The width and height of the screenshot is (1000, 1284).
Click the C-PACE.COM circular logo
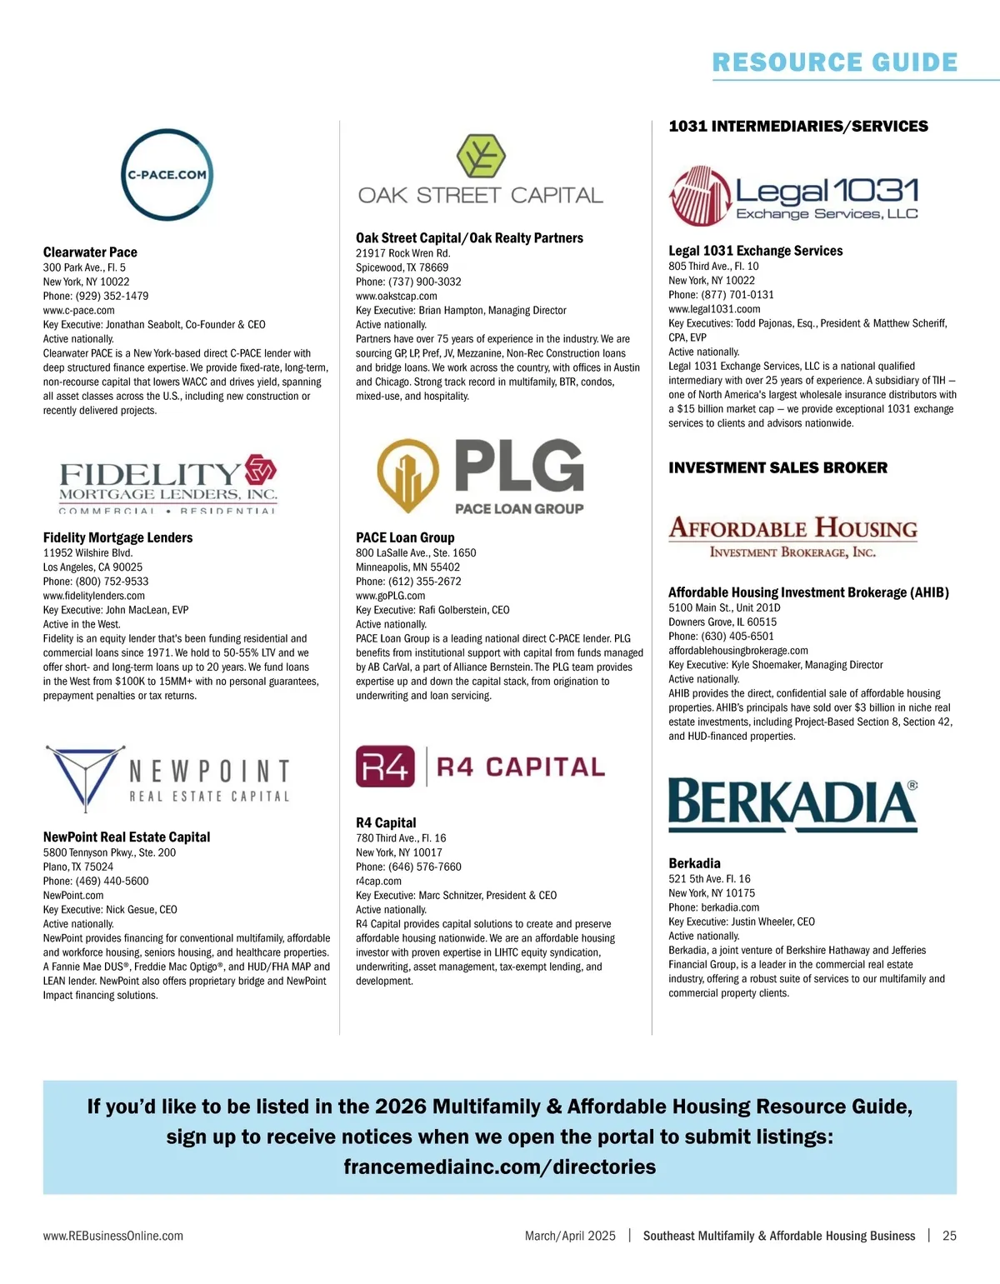tap(167, 175)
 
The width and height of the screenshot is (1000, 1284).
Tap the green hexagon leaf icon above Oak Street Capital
tap(481, 156)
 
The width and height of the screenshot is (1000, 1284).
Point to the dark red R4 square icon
tap(385, 767)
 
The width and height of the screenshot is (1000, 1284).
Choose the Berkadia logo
tap(792, 805)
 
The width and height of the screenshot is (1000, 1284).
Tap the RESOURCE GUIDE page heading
tap(834, 62)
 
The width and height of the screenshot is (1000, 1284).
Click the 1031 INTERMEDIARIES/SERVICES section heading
tap(797, 127)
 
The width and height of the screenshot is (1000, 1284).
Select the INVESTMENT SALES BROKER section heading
tap(777, 468)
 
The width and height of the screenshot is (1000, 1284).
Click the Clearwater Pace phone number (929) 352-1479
tap(112, 296)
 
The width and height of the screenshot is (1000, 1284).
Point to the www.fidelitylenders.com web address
tap(94, 596)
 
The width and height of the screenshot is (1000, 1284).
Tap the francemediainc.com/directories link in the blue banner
tap(499, 1167)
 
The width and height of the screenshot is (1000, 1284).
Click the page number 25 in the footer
tap(949, 1236)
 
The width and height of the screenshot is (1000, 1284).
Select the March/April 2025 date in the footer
tap(570, 1236)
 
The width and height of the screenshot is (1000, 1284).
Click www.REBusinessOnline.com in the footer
tap(113, 1236)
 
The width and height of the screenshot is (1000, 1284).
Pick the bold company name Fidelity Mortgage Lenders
tap(117, 537)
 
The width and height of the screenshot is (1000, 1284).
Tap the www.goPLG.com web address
tap(390, 596)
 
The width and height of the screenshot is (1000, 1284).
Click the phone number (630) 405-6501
tap(737, 636)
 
